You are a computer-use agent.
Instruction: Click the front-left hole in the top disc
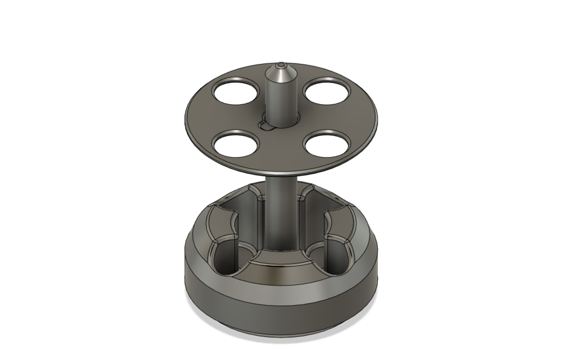click(x=236, y=144)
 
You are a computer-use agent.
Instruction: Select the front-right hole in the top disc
click(x=330, y=143)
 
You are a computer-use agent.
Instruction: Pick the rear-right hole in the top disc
click(x=328, y=91)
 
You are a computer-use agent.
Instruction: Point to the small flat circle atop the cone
click(x=281, y=64)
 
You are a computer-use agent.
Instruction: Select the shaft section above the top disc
click(x=280, y=98)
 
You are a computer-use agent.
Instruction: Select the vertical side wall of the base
click(x=280, y=314)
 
